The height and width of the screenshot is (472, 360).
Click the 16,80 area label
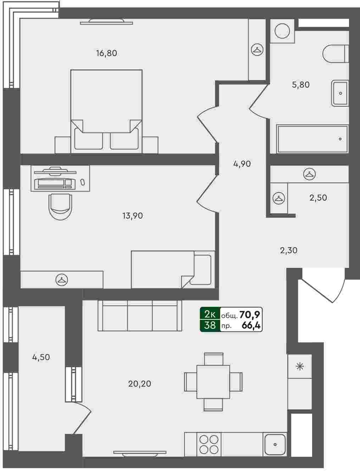106,53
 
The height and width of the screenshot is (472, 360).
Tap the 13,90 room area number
133,216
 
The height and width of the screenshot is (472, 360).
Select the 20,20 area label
139,384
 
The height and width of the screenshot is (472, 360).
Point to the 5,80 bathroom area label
301,85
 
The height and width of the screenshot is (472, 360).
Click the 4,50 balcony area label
41,357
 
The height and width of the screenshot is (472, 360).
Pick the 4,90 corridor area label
242,164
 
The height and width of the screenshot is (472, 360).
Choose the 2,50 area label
318,198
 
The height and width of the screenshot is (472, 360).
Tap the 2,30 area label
289,250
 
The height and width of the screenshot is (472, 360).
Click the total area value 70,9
250,315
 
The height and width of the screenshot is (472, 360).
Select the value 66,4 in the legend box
251,326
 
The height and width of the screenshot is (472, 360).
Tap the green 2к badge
210,314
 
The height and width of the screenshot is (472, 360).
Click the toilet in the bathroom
336,54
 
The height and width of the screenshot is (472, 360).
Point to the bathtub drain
340,139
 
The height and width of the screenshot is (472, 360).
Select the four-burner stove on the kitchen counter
209,444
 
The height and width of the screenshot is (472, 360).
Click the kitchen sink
275,444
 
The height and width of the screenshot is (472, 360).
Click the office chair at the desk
60,207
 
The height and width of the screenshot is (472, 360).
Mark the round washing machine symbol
282,31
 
